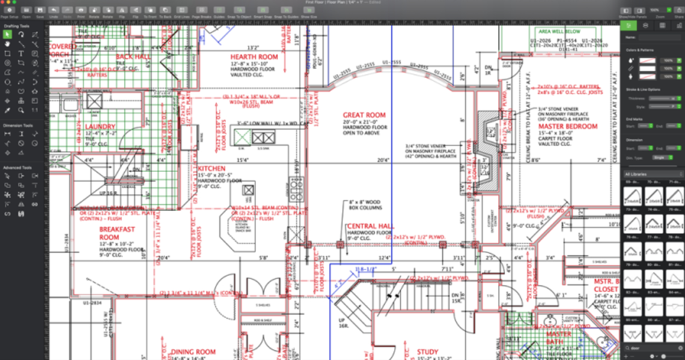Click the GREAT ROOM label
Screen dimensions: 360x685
tap(364, 115)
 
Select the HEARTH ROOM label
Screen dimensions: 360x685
tap(254, 57)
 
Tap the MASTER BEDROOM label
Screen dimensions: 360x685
tap(568, 127)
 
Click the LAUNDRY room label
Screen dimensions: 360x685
tap(100, 127)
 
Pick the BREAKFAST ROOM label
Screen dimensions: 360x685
tap(117, 233)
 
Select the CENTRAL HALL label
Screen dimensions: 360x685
tap(369, 226)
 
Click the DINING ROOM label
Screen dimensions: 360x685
tap(193, 352)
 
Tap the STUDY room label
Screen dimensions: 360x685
tap(428, 352)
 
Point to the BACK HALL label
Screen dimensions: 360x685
tap(133, 57)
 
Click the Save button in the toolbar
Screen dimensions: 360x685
tap(40, 11)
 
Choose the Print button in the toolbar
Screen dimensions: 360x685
tap(81, 11)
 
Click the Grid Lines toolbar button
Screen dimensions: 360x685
tap(181, 11)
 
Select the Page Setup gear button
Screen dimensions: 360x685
tap(10, 11)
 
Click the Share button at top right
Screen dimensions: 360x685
tap(678, 11)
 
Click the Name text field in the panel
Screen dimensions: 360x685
tap(659, 37)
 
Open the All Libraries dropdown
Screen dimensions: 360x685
tap(652, 174)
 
